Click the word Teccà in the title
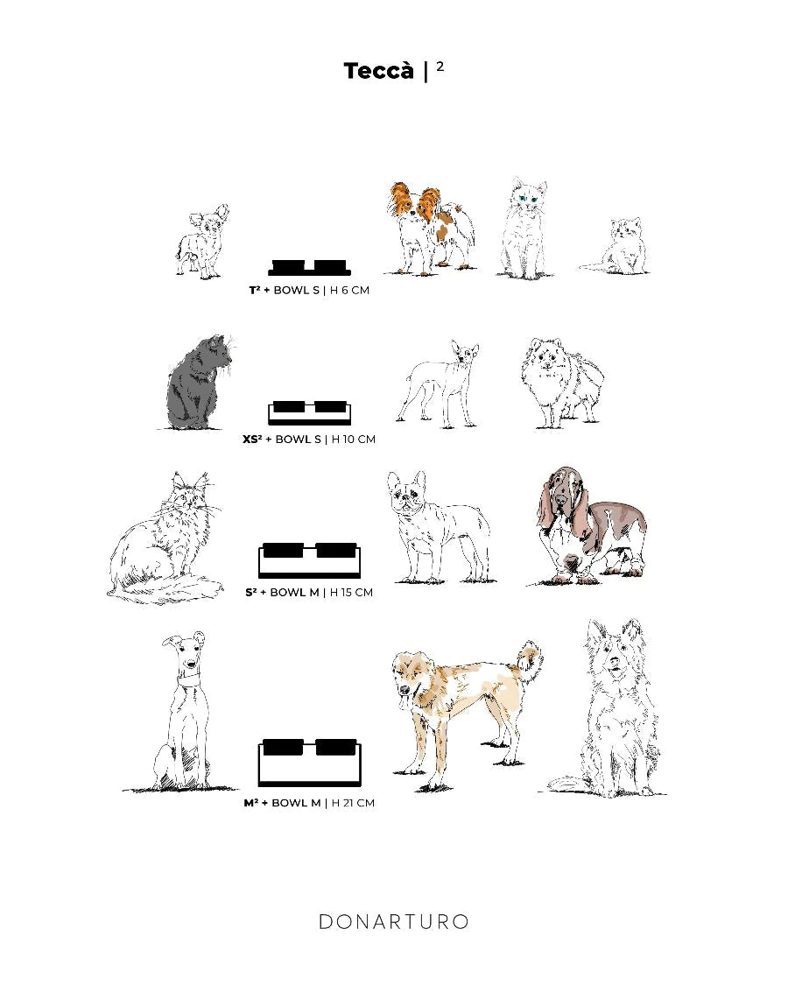(379, 70)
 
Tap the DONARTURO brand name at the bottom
(394, 922)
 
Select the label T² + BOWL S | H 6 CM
(309, 290)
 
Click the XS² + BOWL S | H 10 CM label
(309, 440)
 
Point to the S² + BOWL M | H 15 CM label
(309, 593)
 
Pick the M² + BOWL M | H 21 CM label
(309, 803)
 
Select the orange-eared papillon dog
(431, 229)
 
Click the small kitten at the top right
(616, 246)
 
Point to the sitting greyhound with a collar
(182, 712)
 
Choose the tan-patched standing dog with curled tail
(467, 714)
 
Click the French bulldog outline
(439, 527)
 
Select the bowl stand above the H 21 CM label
(310, 763)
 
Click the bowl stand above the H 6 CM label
(309, 268)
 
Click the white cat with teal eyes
(524, 228)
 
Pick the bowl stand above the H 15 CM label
(310, 560)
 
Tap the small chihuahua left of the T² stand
(201, 242)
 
